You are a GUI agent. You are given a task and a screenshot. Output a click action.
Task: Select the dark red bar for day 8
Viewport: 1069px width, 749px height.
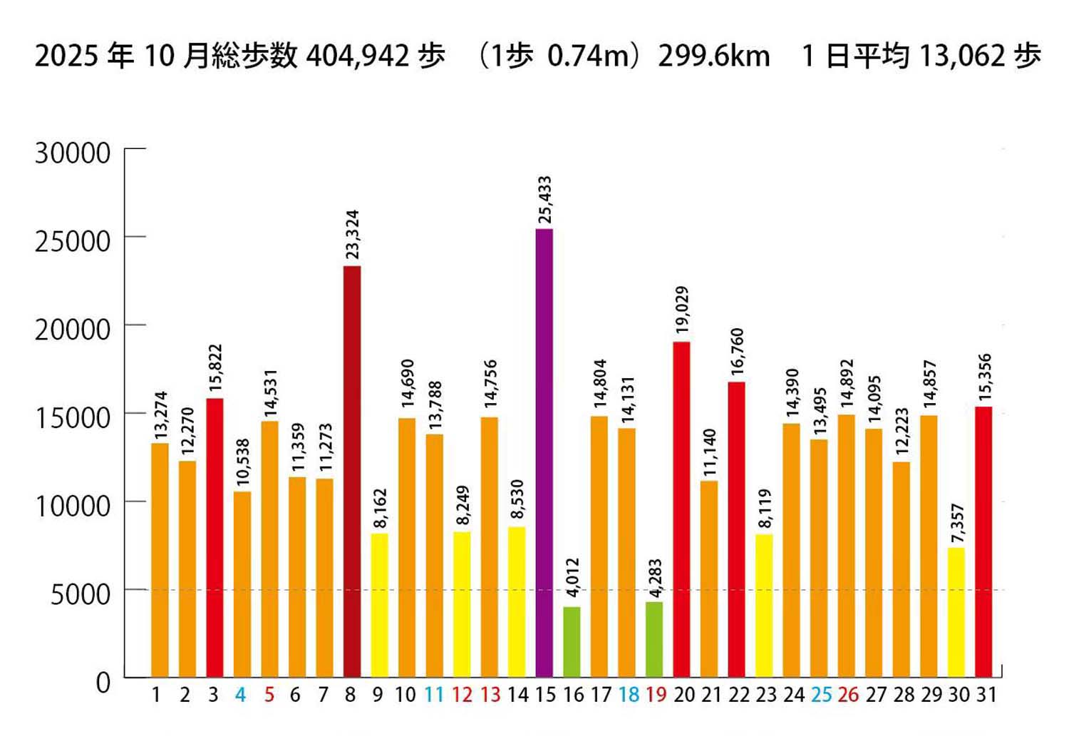click(x=352, y=471)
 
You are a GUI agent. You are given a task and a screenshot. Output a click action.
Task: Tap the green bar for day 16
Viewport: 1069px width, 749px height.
click(x=572, y=641)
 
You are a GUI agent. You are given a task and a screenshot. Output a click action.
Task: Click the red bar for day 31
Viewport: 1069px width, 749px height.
click(x=983, y=541)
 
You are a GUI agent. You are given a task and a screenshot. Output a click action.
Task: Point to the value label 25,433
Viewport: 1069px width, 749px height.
click(x=544, y=200)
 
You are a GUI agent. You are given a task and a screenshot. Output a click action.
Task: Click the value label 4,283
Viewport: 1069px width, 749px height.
click(x=655, y=579)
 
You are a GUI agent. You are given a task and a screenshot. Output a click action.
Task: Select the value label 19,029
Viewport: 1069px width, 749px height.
click(x=682, y=310)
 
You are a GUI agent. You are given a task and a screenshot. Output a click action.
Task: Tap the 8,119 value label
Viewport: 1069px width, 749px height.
click(x=765, y=509)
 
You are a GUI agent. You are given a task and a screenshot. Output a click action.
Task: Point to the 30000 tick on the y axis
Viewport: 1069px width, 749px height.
click(x=73, y=153)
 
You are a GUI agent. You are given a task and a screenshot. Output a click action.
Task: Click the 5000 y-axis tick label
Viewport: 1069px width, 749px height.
click(x=80, y=593)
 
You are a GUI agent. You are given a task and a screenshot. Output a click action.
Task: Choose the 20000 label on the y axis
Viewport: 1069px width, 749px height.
click(x=73, y=329)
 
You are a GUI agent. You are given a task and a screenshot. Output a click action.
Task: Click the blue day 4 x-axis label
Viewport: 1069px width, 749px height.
click(x=241, y=695)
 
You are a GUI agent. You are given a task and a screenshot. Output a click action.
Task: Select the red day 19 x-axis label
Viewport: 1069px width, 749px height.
click(x=656, y=695)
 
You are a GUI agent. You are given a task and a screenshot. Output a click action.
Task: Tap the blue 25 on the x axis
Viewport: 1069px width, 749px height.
click(x=820, y=695)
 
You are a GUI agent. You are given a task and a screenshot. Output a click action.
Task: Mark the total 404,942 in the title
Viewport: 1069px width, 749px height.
click(x=357, y=56)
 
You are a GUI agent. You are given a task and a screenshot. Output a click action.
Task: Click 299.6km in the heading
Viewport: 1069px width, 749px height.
click(x=713, y=56)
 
